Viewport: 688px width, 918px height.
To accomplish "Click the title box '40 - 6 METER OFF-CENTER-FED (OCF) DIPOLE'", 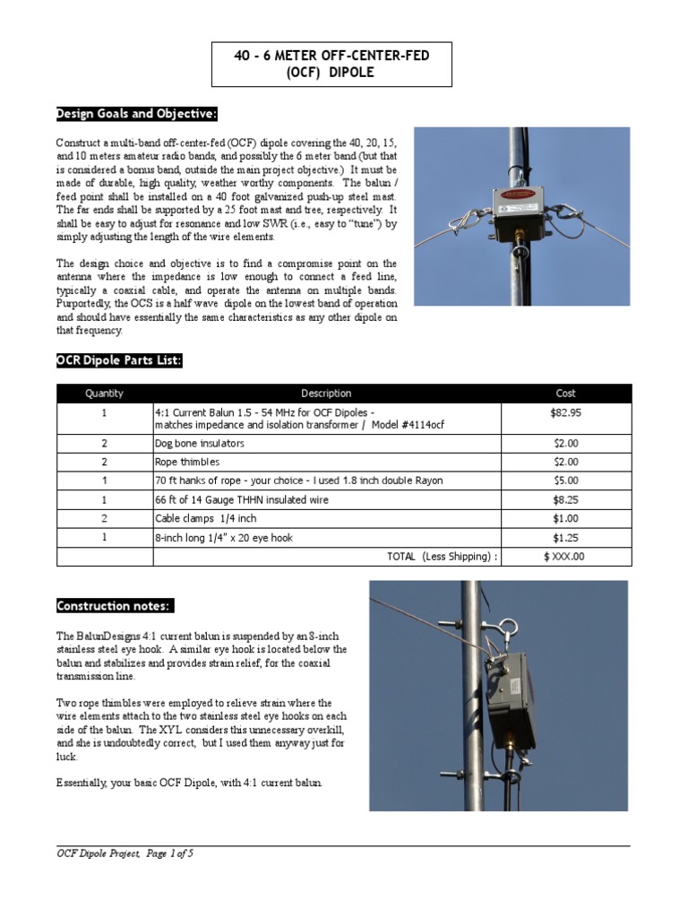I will point(331,64).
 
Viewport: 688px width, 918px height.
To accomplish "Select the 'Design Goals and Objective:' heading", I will point(136,114).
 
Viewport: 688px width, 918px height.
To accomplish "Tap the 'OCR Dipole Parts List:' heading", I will point(119,360).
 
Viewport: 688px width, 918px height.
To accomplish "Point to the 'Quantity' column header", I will point(105,394).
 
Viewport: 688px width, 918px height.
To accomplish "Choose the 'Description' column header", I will point(326,394).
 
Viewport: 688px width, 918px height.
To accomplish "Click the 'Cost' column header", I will point(566,394).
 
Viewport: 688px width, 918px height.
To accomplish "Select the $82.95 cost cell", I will point(566,412).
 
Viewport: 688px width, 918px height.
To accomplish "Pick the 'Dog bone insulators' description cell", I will point(200,444).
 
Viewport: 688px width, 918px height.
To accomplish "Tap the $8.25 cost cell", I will point(566,500).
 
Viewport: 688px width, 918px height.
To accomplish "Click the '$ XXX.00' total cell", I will point(564,557).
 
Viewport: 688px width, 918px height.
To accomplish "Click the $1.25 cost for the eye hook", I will point(566,538).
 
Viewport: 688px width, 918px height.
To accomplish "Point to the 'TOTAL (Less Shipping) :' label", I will point(442,557).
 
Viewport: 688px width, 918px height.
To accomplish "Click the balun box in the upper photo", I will point(520,213).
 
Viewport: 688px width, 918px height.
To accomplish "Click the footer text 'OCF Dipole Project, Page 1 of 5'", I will point(125,854).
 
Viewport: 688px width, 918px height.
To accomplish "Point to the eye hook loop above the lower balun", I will point(506,628).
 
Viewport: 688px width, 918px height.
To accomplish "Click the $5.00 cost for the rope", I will point(566,481).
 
